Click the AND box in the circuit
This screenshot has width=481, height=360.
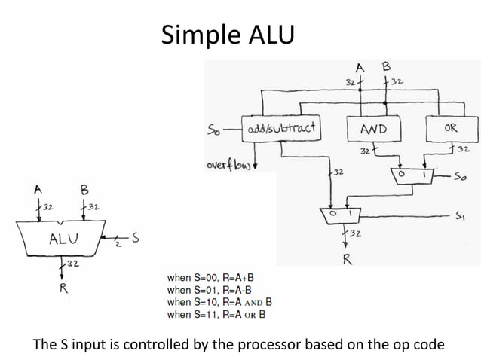(x=372, y=128)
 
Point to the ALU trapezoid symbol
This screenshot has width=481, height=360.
(x=60, y=239)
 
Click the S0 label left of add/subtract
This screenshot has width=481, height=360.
(x=213, y=128)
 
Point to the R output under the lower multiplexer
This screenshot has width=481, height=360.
(x=348, y=261)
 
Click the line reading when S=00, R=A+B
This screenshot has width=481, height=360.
(x=213, y=278)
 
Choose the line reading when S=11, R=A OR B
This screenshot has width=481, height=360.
(x=216, y=314)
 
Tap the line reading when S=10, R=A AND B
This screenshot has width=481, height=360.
(x=219, y=302)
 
